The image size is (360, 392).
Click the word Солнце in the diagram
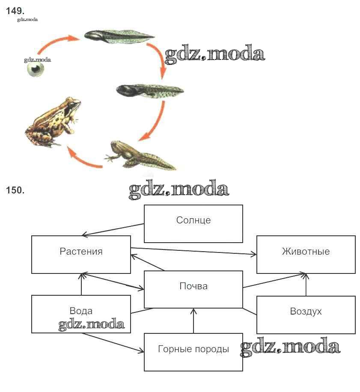193,220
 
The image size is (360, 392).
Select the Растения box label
81,251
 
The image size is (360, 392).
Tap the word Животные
306,251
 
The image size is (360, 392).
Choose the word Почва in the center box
193,286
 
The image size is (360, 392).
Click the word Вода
81,311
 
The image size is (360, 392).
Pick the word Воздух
306,311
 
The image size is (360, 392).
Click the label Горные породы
193,349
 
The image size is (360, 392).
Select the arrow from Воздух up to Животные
306,285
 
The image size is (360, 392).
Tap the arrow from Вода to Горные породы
113,343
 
